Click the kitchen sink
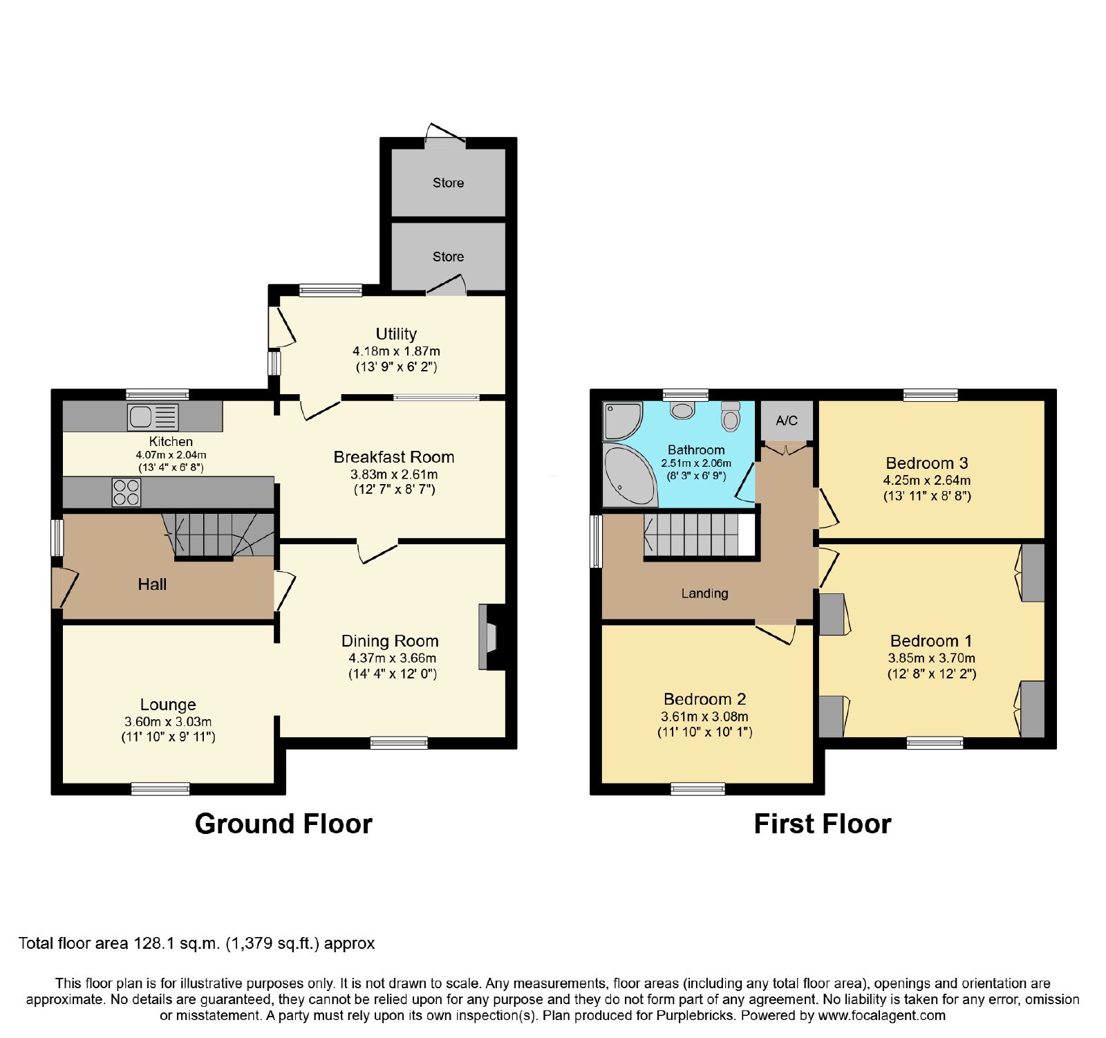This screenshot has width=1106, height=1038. pyautogui.click(x=153, y=417)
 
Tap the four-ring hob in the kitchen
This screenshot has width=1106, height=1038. pyautogui.click(x=126, y=492)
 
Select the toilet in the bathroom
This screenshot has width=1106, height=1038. pyautogui.click(x=730, y=416)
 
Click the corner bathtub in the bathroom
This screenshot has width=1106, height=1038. pyautogui.click(x=629, y=475)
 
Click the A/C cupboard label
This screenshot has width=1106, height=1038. pyautogui.click(x=787, y=420)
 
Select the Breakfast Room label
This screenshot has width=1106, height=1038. pyautogui.click(x=394, y=457)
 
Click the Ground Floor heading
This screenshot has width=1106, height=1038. pyautogui.click(x=283, y=824)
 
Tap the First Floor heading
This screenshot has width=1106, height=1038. pyautogui.click(x=823, y=824)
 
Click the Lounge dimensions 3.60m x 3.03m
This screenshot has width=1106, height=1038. pyautogui.click(x=168, y=722)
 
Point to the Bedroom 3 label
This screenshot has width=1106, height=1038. pyautogui.click(x=927, y=463)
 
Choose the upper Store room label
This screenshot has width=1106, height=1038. pyautogui.click(x=448, y=183)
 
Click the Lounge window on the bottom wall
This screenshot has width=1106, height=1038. pyautogui.click(x=160, y=788)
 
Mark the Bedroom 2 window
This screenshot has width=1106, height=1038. pyautogui.click(x=698, y=788)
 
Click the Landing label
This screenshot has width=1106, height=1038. pyautogui.click(x=704, y=593)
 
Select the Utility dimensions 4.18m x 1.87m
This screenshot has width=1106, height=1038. pyautogui.click(x=396, y=351)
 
